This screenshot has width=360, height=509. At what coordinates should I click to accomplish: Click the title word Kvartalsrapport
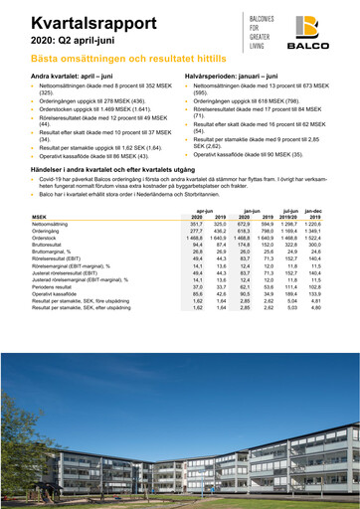(75, 21)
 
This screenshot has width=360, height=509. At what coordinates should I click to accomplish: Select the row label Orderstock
(46, 238)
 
